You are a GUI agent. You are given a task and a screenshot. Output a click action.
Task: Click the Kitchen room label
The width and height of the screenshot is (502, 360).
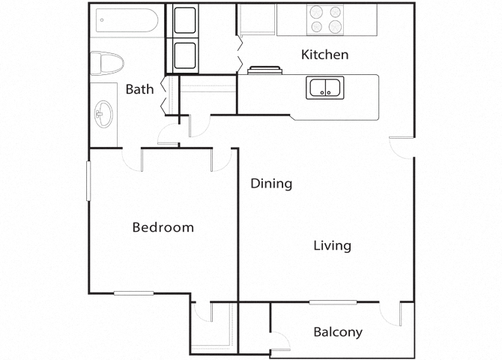click(x=324, y=55)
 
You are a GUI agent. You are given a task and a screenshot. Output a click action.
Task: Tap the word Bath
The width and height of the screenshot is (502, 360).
click(x=139, y=89)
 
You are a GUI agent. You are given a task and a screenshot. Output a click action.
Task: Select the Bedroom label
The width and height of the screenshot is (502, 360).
click(x=163, y=227)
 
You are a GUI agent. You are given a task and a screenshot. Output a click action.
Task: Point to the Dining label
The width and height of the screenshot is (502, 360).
click(x=271, y=183)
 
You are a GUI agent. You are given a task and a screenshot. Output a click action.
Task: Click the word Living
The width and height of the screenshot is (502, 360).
click(x=332, y=245)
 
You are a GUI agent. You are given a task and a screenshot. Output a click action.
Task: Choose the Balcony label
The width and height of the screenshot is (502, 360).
click(x=338, y=331)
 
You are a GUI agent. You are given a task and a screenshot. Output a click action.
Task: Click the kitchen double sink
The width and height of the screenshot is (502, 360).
click(x=324, y=88)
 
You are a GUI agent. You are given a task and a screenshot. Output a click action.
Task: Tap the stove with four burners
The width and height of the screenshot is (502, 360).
click(x=326, y=19)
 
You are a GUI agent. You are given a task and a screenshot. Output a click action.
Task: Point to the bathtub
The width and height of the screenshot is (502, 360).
click(x=124, y=22)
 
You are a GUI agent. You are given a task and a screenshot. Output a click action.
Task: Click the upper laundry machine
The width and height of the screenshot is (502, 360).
click(x=185, y=20)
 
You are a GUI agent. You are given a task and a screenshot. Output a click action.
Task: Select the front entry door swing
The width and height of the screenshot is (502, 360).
click(x=401, y=147)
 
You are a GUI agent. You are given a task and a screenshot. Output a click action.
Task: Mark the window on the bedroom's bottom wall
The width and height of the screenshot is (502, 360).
click(x=133, y=293)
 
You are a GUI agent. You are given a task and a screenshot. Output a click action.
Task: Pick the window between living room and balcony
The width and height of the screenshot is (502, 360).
click(x=333, y=302)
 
